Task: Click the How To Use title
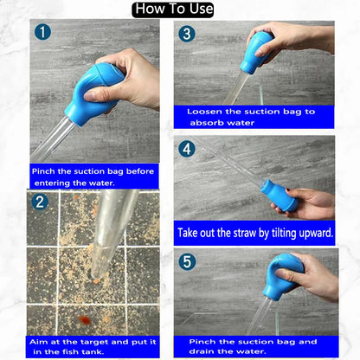173,10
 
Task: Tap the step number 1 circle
42,32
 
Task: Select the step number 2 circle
40,202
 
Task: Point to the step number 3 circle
187,34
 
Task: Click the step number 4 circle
187,149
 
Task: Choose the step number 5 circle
187,262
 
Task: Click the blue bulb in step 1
93,93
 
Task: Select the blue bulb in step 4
279,196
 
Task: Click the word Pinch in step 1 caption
43,171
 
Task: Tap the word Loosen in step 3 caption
204,112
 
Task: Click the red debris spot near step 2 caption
84,319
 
